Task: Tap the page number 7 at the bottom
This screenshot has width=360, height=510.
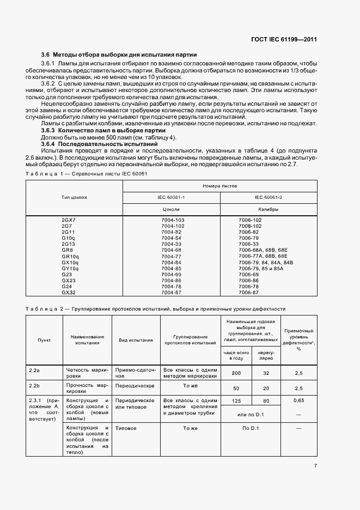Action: tap(315, 465)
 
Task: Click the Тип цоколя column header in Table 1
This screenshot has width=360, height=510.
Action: tap(75, 197)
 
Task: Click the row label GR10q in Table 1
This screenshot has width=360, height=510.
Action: tap(70, 256)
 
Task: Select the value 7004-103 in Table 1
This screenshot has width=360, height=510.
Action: tap(173, 220)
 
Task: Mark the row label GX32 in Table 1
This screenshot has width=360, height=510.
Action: tap(68, 292)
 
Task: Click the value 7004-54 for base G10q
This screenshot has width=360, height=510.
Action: tap(171, 238)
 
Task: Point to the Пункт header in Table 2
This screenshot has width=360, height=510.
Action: tap(44, 339)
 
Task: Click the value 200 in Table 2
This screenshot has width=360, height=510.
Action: tap(236, 373)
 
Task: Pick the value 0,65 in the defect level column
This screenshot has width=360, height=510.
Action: tap(298, 400)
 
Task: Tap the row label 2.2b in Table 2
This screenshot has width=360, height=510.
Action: tap(34, 385)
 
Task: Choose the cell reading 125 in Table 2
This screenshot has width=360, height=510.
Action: tap(236, 401)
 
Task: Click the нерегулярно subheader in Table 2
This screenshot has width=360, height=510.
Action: tap(266, 355)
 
